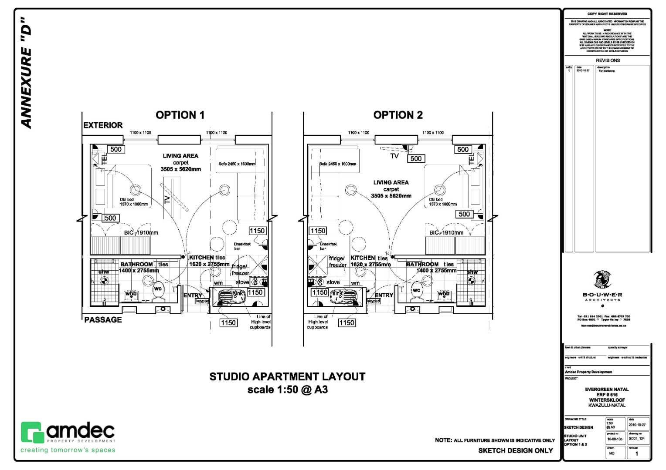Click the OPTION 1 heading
click(180, 115)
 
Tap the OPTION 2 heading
click(398, 115)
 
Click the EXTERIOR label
click(103, 125)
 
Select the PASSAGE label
click(103, 320)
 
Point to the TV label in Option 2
click(394, 156)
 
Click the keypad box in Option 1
click(202, 301)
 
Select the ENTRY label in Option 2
click(384, 295)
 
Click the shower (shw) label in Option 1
click(104, 272)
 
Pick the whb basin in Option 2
click(444, 294)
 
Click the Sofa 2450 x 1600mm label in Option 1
click(237, 164)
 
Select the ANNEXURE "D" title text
click(27, 73)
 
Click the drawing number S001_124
click(636, 439)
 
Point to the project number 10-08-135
click(615, 439)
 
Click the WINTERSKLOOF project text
click(607, 400)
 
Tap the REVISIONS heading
click(608, 60)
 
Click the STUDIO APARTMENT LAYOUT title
click(287, 377)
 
